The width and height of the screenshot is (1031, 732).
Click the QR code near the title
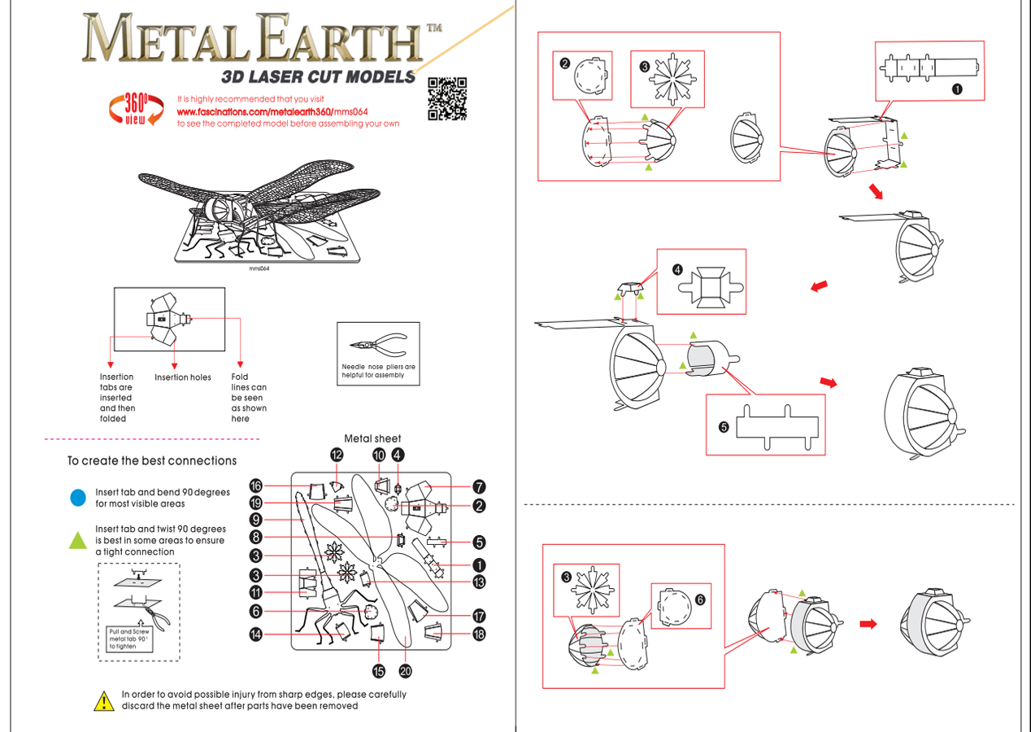[446, 98]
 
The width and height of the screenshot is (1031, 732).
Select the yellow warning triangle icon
[104, 701]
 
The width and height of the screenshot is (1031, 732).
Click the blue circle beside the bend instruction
[78, 498]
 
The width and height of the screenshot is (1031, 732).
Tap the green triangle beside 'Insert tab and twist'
[78, 540]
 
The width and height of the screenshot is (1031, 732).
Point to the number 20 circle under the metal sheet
[406, 671]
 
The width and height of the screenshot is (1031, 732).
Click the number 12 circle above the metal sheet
[337, 455]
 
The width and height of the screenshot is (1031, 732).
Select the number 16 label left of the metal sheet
[255, 486]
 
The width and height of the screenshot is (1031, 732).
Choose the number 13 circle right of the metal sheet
[479, 582]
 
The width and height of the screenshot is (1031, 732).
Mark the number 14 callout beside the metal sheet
[255, 634]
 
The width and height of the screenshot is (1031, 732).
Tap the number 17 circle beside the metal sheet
[479, 616]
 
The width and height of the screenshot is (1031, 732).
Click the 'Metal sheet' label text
[372, 438]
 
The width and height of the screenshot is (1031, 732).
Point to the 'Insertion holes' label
[183, 377]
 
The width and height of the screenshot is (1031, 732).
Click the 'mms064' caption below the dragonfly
[259, 268]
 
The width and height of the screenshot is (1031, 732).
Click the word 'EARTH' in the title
[341, 38]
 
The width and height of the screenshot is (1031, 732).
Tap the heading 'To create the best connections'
[152, 461]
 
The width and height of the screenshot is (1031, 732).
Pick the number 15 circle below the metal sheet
[378, 671]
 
